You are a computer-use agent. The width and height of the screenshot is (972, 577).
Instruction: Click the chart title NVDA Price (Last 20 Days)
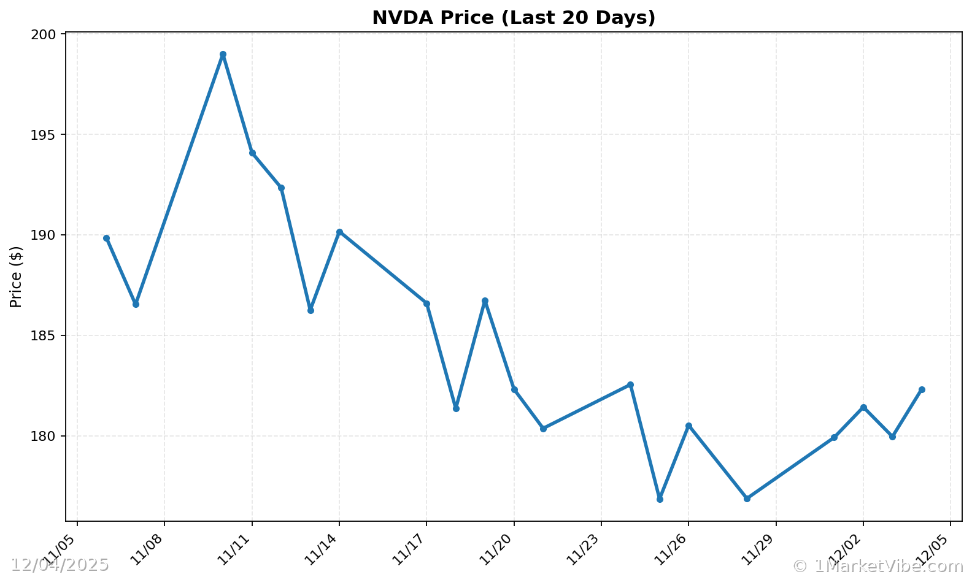pos(514,18)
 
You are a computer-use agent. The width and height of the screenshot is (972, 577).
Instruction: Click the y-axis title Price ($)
pos(17,277)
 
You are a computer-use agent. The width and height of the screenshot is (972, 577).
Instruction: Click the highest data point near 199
pos(223,55)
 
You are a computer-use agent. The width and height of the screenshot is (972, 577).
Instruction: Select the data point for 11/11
pos(252,153)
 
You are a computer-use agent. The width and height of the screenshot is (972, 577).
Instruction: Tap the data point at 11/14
pos(339,232)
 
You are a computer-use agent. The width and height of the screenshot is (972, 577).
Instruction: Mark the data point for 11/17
pos(426,304)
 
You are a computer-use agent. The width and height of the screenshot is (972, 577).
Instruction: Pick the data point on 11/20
pos(514,389)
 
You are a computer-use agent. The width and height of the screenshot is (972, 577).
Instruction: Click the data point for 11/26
pos(688,426)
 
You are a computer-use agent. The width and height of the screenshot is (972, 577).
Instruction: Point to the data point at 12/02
pos(863,407)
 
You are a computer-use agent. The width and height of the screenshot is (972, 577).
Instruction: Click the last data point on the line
pos(922,389)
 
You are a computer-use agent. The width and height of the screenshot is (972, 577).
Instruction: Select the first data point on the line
pos(106,238)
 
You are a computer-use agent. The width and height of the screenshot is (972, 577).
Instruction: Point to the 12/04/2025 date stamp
pos(60,565)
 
